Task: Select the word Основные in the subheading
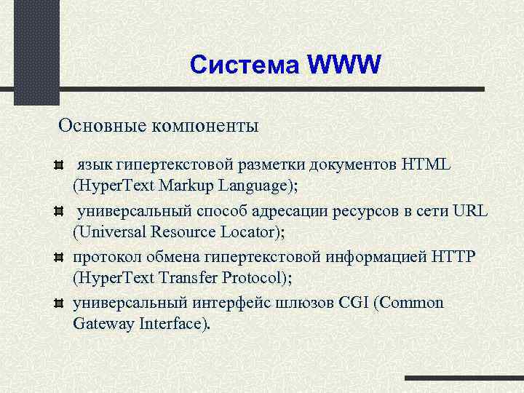click(102, 126)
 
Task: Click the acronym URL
click(469, 211)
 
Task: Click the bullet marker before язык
click(60, 165)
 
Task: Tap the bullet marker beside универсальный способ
click(60, 212)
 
